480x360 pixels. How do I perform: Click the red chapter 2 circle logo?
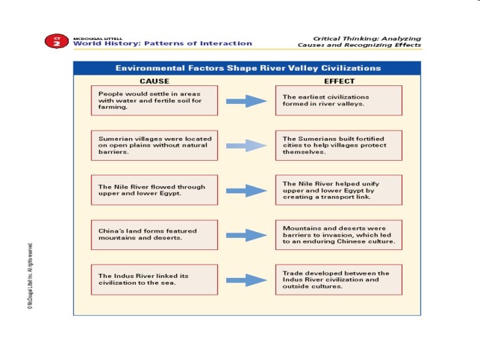click(x=57, y=41)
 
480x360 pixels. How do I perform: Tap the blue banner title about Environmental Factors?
click(x=248, y=68)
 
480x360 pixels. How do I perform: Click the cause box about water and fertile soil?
click(x=154, y=100)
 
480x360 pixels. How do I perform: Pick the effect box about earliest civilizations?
click(x=339, y=101)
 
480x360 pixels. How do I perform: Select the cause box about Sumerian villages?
click(x=154, y=145)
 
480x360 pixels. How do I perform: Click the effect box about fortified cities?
click(x=339, y=145)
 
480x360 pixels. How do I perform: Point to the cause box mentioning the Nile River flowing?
click(x=154, y=190)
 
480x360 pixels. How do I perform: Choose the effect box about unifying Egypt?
click(x=339, y=190)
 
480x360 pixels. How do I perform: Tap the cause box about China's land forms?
click(x=154, y=235)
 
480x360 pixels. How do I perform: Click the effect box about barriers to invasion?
click(x=339, y=235)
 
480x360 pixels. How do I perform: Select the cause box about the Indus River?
click(x=154, y=279)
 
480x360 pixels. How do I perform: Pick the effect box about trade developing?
click(x=339, y=280)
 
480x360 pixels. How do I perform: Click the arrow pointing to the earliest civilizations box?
click(x=246, y=101)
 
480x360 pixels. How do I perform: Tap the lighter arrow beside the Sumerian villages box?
click(x=246, y=145)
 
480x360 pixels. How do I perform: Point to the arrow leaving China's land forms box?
click(x=246, y=235)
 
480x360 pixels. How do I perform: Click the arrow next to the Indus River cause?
click(x=246, y=280)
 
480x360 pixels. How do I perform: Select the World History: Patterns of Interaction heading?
click(x=163, y=43)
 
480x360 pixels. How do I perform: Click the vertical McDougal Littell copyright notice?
click(x=30, y=273)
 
